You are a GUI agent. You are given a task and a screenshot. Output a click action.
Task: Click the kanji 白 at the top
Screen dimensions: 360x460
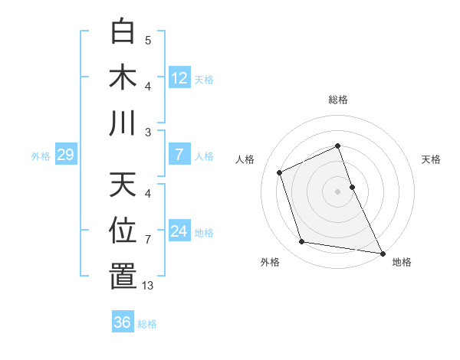click(x=123, y=32)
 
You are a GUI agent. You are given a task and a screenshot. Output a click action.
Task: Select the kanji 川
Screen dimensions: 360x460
click(x=123, y=123)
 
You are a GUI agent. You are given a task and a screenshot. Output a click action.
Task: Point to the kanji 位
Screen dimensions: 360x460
click(x=123, y=230)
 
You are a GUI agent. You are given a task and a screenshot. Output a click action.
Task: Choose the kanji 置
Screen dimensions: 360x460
click(x=123, y=276)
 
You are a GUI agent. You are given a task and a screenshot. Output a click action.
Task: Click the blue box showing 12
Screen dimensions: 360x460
click(x=179, y=78)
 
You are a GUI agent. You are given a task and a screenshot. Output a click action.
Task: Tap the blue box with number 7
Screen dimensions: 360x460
click(x=179, y=155)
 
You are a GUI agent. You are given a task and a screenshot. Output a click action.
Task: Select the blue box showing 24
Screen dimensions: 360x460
click(x=179, y=231)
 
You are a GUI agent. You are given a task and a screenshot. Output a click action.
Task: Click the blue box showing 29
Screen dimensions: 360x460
click(x=65, y=155)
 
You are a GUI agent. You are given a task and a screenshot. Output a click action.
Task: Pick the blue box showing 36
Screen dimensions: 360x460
click(x=122, y=322)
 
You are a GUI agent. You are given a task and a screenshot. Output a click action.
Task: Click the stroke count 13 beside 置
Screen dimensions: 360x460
click(x=148, y=286)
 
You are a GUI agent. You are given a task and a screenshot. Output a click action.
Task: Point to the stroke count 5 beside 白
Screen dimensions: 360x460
click(x=148, y=40)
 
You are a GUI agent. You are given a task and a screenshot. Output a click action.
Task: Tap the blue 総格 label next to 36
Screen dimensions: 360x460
click(x=147, y=324)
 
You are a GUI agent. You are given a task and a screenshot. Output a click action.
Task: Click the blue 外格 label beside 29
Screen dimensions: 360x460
click(x=41, y=156)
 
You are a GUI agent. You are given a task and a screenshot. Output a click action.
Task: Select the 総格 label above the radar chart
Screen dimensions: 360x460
click(x=338, y=100)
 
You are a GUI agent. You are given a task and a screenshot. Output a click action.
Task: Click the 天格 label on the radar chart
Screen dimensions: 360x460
click(x=431, y=159)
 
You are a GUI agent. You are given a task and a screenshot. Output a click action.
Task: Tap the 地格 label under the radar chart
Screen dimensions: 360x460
click(x=402, y=263)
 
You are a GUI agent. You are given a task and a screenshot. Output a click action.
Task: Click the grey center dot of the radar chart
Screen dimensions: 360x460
click(x=338, y=191)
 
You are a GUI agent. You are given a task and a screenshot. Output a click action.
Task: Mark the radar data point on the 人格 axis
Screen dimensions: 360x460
click(x=280, y=172)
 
